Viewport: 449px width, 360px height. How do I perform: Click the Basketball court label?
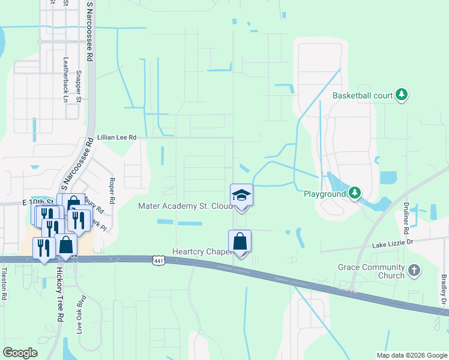(x=363, y=95)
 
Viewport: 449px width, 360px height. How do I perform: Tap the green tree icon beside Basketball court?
(x=402, y=95)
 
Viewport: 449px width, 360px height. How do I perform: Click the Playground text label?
(x=325, y=194)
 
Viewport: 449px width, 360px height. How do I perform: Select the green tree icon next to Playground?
(x=355, y=193)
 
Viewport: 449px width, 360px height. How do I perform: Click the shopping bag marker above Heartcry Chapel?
(x=240, y=242)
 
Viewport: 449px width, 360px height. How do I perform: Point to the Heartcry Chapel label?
(x=202, y=252)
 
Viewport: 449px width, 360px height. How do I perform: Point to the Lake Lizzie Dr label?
(x=393, y=244)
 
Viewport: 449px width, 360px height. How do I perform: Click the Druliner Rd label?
(x=406, y=218)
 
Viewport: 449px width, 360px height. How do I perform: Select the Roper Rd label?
(x=112, y=190)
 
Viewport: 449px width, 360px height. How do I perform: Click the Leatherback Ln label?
(x=65, y=79)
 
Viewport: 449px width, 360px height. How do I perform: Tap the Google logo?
(x=20, y=353)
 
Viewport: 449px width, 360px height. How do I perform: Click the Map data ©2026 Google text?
(x=411, y=355)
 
